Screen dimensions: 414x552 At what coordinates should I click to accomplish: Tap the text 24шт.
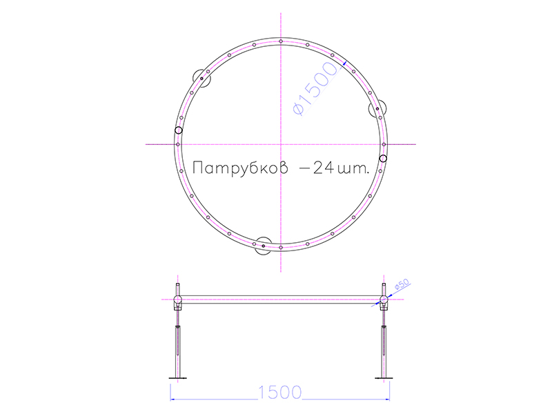coord(337,169)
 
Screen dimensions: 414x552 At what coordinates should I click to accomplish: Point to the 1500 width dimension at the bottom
coord(280,393)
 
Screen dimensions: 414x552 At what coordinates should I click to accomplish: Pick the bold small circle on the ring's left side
coord(178,130)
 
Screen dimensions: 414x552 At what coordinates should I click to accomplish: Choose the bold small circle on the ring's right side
coord(384,158)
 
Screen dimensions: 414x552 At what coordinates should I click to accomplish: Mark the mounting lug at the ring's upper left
coord(199,77)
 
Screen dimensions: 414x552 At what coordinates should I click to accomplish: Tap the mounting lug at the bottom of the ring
coord(263,246)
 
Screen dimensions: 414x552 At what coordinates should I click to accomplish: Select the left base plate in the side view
coord(178,377)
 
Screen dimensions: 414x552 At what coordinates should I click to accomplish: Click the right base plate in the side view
coord(384,377)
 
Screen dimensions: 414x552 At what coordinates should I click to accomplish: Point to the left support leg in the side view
coord(178,345)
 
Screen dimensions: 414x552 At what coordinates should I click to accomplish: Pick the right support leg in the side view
coord(384,345)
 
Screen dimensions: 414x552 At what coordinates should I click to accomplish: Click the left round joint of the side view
coord(178,299)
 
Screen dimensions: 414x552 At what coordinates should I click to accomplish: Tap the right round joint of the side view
coord(384,299)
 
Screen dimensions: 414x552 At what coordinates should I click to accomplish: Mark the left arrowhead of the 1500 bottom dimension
coord(174,398)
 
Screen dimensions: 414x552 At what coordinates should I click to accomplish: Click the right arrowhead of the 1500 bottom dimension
coord(388,398)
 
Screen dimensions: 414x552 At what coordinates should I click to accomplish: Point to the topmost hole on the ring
coord(281,43)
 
